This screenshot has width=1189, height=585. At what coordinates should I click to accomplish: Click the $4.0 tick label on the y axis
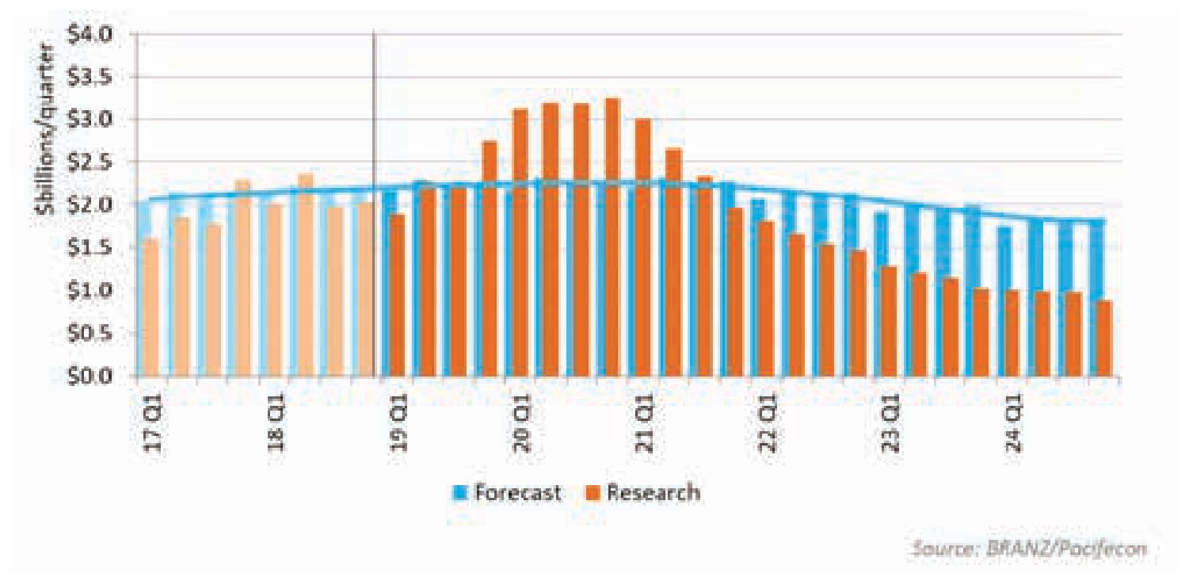click(90, 35)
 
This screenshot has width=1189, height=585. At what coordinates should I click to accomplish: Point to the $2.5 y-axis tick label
click(90, 162)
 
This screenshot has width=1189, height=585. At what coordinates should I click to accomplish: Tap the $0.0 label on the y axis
click(90, 377)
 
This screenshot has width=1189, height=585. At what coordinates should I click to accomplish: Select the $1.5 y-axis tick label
click(90, 247)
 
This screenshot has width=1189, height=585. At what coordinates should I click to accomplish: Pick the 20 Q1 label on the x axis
click(522, 424)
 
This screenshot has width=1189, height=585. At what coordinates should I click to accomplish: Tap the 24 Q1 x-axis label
click(1013, 424)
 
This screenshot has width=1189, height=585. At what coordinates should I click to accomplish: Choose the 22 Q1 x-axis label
click(767, 424)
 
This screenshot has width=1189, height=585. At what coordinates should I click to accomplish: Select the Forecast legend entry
click(508, 492)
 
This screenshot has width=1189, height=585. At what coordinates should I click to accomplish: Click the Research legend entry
click(643, 492)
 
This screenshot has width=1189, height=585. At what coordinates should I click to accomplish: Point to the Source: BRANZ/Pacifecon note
click(1029, 548)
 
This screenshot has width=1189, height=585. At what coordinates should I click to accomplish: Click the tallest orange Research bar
click(612, 238)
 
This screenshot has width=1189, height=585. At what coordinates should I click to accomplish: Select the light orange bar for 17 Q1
click(151, 308)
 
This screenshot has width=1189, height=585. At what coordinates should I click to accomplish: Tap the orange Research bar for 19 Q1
click(397, 296)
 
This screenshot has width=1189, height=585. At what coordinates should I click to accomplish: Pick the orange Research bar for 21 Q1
click(643, 248)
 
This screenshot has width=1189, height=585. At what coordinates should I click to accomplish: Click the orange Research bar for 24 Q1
click(1012, 334)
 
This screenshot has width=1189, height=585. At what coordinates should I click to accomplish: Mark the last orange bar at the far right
click(1104, 339)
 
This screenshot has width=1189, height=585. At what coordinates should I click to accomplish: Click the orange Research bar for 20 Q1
click(520, 243)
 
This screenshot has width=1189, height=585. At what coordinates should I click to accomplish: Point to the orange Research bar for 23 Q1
click(889, 322)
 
